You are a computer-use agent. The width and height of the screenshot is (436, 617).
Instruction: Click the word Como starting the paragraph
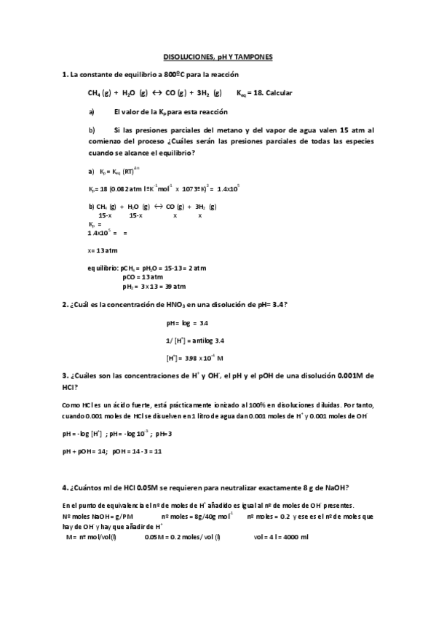pos(71,402)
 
